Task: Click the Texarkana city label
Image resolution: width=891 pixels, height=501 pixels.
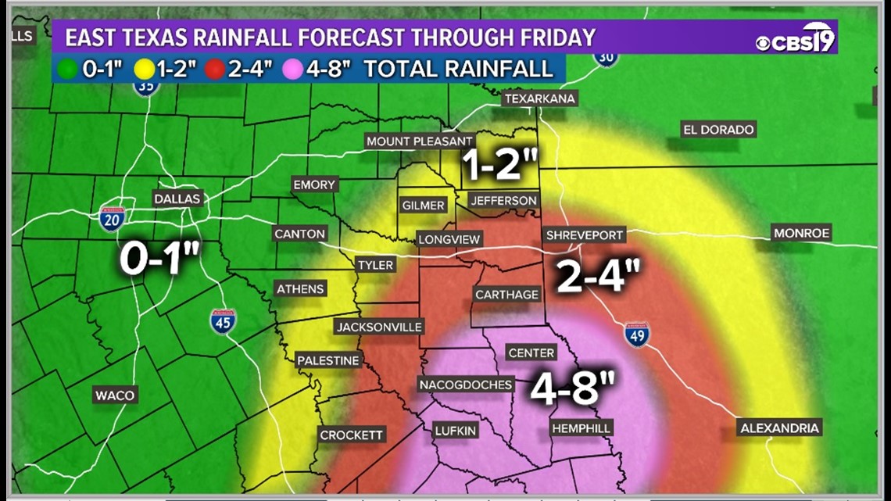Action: pos(540,98)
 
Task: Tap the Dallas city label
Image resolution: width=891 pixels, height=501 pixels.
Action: pos(177,199)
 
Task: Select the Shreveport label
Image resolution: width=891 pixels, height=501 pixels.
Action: pos(585,234)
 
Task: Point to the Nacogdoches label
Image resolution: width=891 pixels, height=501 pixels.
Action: pos(466,385)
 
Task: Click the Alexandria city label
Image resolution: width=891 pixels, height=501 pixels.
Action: pos(780,428)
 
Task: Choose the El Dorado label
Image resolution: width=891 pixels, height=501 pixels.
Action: pos(718,130)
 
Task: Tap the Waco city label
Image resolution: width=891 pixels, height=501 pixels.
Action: pos(115,395)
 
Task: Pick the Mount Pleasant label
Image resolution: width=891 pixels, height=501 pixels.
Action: pos(420,141)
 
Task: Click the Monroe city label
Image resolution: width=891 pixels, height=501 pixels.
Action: pos(801,232)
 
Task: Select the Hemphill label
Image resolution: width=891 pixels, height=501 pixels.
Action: pos(581,428)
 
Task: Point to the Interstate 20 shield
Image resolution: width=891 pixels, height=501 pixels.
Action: pos(112,217)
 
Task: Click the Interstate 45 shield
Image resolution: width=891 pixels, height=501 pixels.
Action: pos(223,320)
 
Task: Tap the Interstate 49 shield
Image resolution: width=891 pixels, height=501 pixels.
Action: pos(636,334)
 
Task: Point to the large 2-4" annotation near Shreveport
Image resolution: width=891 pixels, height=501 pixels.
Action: pos(598,276)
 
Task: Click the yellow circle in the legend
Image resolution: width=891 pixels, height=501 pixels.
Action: pos(143,69)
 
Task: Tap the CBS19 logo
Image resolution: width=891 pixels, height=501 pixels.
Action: pos(796,38)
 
